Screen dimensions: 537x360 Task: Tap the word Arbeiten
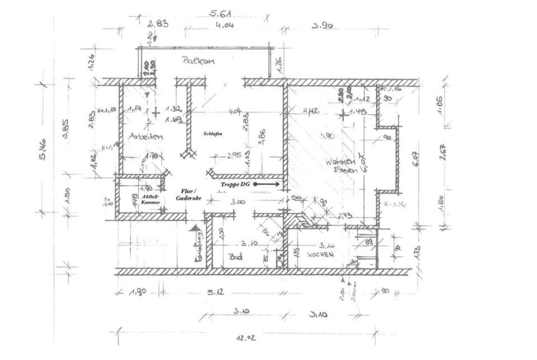145,136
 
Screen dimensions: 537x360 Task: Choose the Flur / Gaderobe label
186,194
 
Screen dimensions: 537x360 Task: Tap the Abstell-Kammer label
151,200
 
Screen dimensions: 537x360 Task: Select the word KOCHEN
321,254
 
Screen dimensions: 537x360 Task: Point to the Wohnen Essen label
341,166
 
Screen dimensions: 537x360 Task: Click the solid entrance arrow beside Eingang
195,228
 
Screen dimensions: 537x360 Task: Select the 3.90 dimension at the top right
322,26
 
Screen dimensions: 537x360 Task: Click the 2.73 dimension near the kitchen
345,214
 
